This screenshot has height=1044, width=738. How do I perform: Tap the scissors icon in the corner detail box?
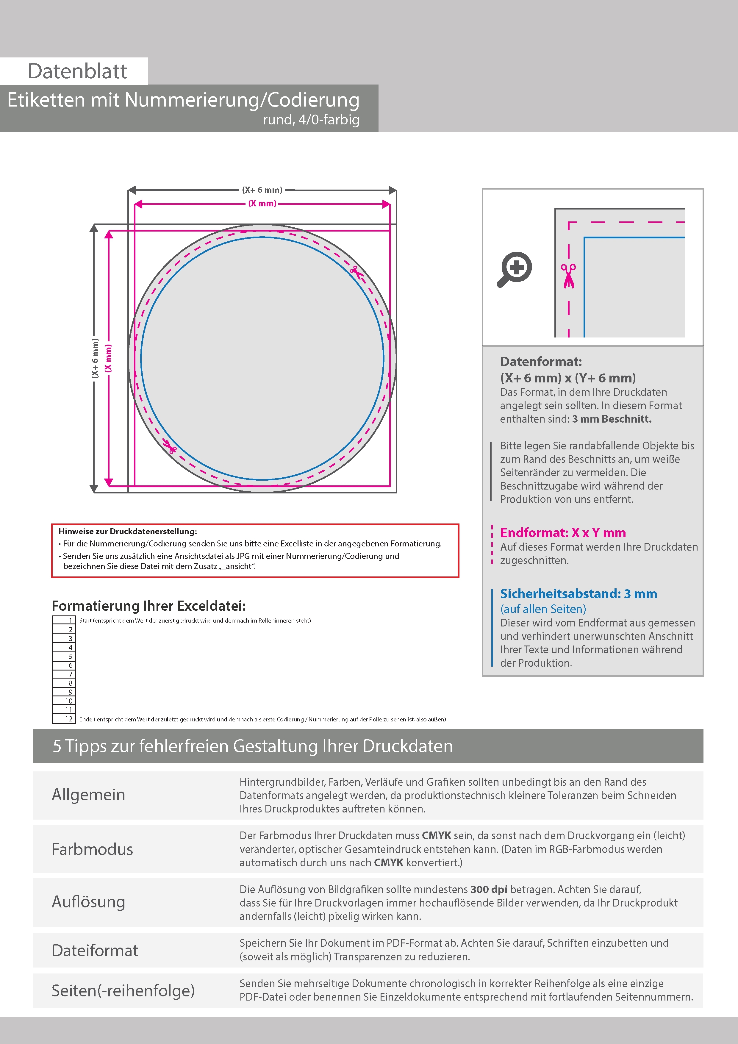568,276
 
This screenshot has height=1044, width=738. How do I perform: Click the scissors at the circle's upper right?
356,272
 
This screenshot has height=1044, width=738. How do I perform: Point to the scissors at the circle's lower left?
170,447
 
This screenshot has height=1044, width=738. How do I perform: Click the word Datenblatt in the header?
77,71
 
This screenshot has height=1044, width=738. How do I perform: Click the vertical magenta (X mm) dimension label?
108,358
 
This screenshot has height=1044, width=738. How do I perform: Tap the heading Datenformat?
541,362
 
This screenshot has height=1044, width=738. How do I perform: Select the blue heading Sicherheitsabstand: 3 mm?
578,593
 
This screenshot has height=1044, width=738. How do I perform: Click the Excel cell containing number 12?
64,719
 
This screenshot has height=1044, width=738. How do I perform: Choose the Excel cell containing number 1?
64,620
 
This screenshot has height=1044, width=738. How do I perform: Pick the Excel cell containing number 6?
64,665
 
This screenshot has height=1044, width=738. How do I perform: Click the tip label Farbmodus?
92,849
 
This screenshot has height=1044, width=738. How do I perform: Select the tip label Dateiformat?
95,950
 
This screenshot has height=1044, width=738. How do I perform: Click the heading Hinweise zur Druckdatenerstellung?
128,531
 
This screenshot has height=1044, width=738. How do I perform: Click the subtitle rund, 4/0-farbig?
311,120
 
